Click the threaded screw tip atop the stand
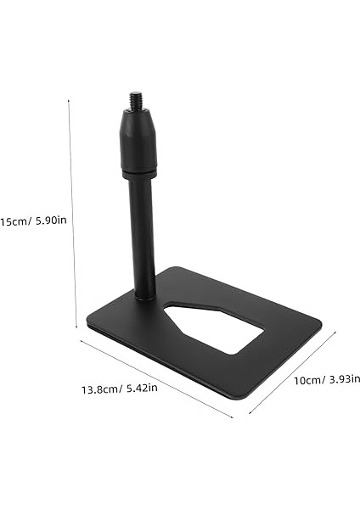coord(137,100)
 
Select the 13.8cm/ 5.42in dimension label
coord(119,390)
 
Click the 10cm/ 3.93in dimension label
coord(326,379)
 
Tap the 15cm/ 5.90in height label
coord(34,221)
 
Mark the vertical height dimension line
coord(73,212)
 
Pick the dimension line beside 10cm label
coord(293,373)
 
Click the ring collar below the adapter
coord(138,174)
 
